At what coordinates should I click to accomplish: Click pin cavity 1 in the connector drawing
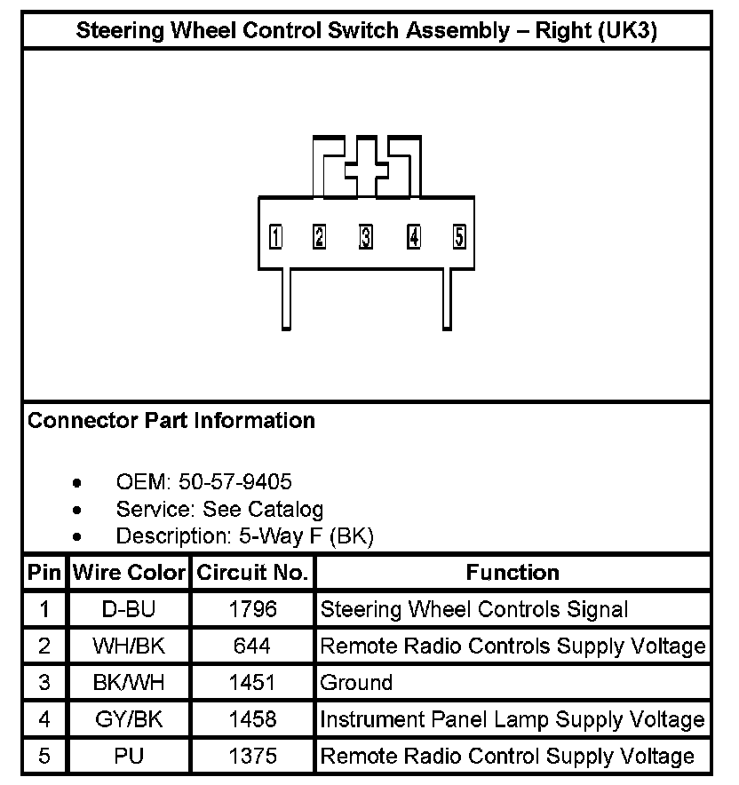pyautogui.click(x=276, y=237)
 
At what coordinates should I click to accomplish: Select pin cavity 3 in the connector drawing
pyautogui.click(x=365, y=237)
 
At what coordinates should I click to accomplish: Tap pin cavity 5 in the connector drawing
pyautogui.click(x=459, y=237)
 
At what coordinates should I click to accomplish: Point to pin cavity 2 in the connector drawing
pyautogui.click(x=319, y=237)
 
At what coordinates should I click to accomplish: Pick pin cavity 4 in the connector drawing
pyautogui.click(x=413, y=237)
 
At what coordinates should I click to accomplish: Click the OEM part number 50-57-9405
pyautogui.click(x=234, y=482)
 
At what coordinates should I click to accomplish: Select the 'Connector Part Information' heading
pyautogui.click(x=171, y=420)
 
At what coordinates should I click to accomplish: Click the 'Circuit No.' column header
pyautogui.click(x=252, y=573)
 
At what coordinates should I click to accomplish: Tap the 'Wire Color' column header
pyautogui.click(x=129, y=573)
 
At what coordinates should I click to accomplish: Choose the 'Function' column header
pyautogui.click(x=513, y=573)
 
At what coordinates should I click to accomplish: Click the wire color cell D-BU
pyautogui.click(x=129, y=609)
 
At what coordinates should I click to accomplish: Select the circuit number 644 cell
pyautogui.click(x=252, y=646)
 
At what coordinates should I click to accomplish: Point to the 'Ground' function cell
pyautogui.click(x=356, y=683)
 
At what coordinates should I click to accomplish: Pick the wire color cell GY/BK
pyautogui.click(x=129, y=719)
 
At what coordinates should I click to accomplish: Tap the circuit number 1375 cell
pyautogui.click(x=252, y=757)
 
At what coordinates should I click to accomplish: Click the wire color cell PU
pyautogui.click(x=129, y=757)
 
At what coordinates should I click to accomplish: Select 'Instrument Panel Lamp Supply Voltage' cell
pyautogui.click(x=513, y=719)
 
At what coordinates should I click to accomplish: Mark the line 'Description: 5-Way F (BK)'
pyautogui.click(x=245, y=535)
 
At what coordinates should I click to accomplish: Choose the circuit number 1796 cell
pyautogui.click(x=252, y=609)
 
